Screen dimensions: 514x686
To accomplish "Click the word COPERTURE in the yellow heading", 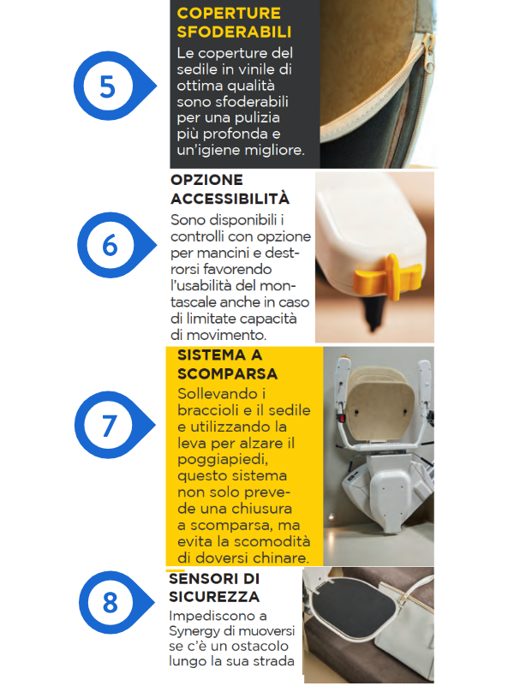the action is click(x=229, y=13).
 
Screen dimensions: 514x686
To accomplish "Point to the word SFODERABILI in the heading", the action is click(x=234, y=32).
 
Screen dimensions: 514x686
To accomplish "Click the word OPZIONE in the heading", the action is click(x=206, y=180).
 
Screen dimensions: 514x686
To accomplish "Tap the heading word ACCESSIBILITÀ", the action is click(x=230, y=199).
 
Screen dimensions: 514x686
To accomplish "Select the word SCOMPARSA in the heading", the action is click(x=228, y=374).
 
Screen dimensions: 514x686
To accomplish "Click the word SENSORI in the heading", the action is click(x=203, y=579).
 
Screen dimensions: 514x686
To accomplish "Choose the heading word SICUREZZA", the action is click(x=214, y=597).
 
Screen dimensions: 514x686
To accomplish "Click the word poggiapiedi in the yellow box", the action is click(x=223, y=460).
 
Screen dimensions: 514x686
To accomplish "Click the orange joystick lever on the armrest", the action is click(x=387, y=276).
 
